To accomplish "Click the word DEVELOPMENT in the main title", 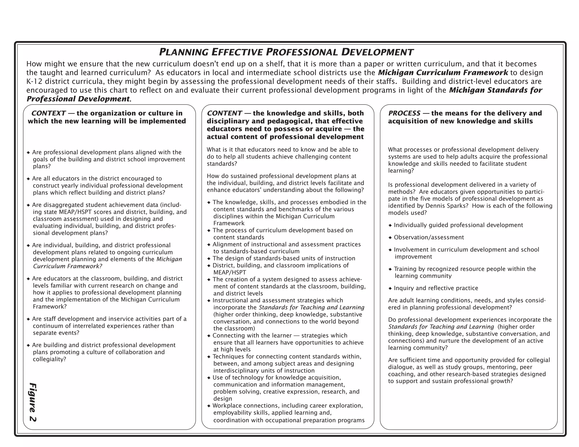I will click(x=377, y=52).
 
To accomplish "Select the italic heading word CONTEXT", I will click(x=48, y=113).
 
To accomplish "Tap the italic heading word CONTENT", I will click(x=224, y=113).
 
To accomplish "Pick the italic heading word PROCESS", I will click(x=404, y=113).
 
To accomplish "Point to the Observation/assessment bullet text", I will click(x=429, y=237).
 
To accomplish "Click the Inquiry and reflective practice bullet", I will click(x=436, y=288).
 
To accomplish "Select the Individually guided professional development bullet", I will click(x=458, y=225).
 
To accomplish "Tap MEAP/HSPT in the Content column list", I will click(x=230, y=272).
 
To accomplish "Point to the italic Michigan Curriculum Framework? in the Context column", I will click(x=68, y=266).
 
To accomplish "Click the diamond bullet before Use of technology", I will click(x=209, y=378).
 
